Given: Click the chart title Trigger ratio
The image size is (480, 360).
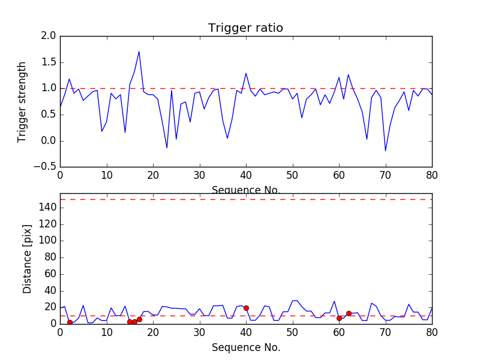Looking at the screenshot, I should [x=245, y=28].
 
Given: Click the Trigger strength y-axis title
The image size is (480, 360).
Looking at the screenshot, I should [x=22, y=101].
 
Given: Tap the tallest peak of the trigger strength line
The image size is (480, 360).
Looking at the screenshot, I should [x=139, y=52].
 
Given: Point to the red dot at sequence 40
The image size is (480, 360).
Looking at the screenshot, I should [x=246, y=308].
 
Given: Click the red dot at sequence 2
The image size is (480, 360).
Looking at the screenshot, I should [x=70, y=322].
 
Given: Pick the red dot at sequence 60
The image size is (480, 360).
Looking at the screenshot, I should [x=339, y=318].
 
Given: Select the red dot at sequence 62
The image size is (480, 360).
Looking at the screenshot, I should [x=349, y=313].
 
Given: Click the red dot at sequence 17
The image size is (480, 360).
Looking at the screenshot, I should [x=139, y=319].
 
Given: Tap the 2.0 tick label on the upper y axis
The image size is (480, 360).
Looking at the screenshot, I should [x=49, y=36].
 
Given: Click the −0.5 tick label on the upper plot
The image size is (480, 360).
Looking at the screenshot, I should [x=44, y=167].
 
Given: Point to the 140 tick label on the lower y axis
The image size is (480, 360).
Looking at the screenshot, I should [x=47, y=208].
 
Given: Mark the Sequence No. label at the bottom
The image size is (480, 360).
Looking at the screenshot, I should [x=246, y=347].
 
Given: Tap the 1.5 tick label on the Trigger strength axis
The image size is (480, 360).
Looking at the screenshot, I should [x=49, y=62].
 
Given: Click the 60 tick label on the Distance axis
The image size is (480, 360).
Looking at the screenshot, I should [x=50, y=274].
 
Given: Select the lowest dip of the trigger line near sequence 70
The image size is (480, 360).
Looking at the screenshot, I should [x=386, y=151].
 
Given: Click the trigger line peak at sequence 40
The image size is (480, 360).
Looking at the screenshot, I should [x=246, y=73].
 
